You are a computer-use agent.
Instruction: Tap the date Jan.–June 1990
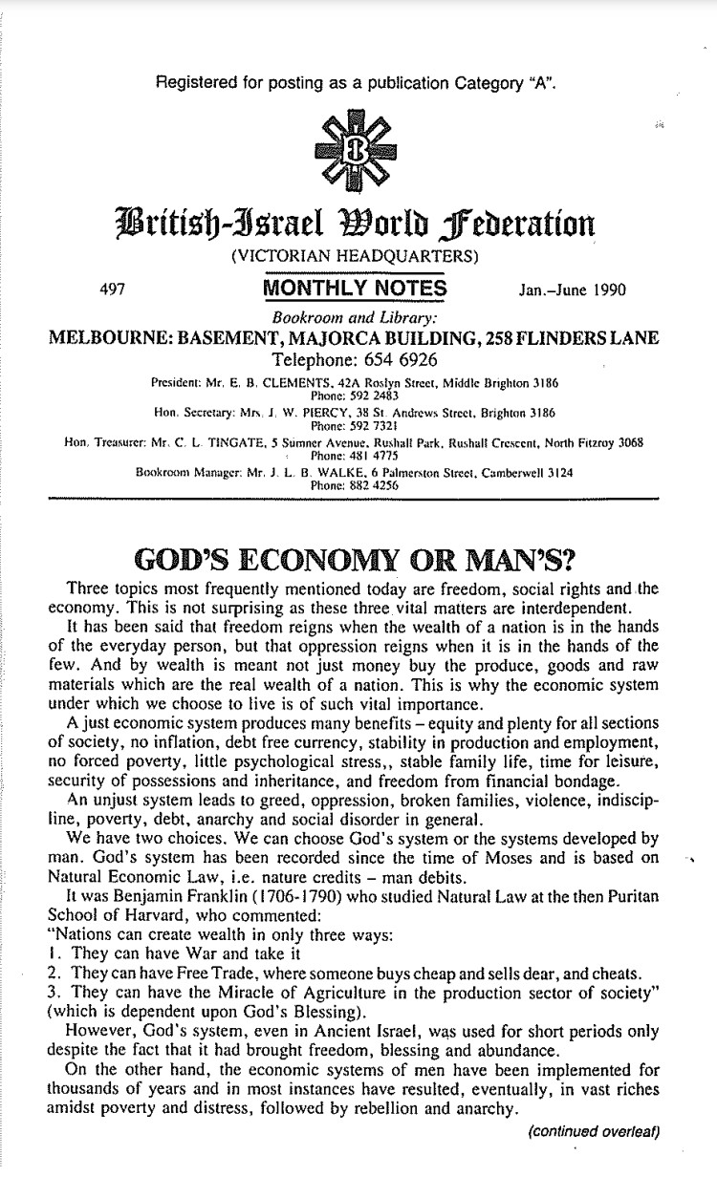click(570, 289)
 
